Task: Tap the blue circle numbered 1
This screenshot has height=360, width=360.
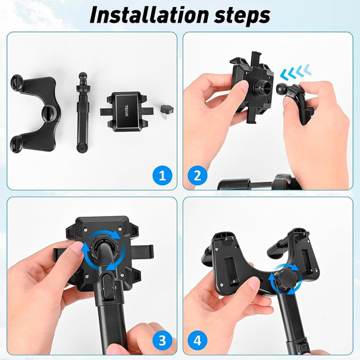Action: (162, 176)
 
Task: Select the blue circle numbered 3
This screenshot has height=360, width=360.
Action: (162, 340)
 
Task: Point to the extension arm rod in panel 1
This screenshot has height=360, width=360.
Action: (83, 116)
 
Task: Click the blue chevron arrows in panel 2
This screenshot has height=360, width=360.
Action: (296, 73)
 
